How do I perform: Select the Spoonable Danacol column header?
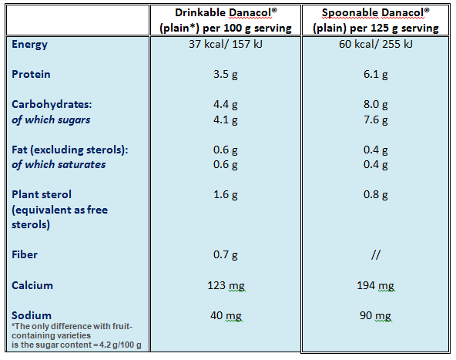(376, 20)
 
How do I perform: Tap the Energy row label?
(30, 44)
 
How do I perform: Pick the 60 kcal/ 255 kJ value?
(376, 44)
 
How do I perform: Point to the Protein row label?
(32, 74)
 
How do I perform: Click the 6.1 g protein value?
(376, 75)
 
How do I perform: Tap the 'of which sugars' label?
(51, 119)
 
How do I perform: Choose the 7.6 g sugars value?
(376, 119)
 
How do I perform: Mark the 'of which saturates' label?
(59, 164)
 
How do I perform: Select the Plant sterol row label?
(42, 194)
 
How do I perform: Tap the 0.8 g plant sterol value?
(376, 195)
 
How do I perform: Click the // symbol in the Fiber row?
(376, 254)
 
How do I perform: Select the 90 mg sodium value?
(376, 315)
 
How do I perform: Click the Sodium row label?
(32, 315)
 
